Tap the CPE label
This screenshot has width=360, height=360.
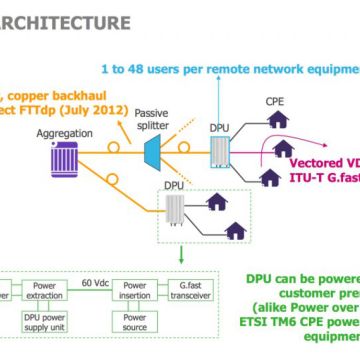pos(276,101)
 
